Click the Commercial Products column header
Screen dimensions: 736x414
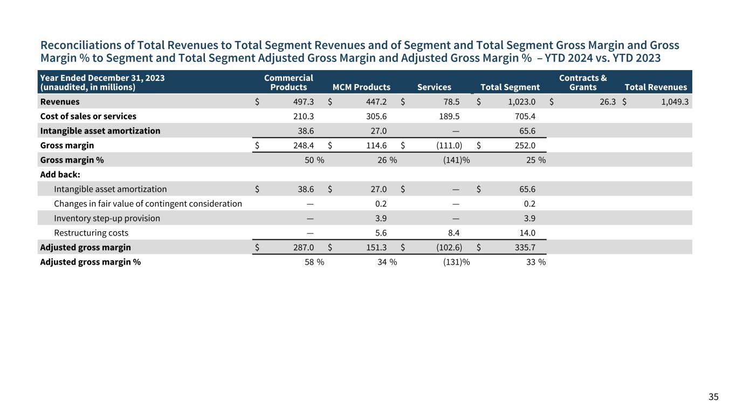(288, 82)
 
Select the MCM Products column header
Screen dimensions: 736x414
(361, 87)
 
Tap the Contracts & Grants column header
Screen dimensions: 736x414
(583, 82)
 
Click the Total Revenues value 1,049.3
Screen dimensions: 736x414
(675, 102)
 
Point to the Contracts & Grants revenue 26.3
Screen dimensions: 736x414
(608, 102)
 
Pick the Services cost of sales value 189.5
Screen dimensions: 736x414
(449, 116)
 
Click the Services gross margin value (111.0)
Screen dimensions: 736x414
(449, 146)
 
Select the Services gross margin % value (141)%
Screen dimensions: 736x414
(456, 160)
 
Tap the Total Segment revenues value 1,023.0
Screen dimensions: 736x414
(521, 102)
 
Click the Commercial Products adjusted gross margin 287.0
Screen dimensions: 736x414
(304, 247)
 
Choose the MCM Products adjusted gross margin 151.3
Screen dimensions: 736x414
(376, 247)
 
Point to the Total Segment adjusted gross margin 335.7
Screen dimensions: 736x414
(525, 247)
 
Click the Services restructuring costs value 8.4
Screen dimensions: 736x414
(454, 233)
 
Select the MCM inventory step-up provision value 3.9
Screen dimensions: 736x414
(381, 218)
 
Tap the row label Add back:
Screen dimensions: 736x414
(60, 175)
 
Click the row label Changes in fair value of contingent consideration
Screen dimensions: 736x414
(148, 204)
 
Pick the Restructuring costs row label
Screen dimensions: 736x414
(91, 233)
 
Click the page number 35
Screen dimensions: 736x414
(713, 397)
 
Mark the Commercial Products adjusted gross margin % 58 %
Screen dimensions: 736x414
(314, 262)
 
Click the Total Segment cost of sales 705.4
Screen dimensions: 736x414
(525, 116)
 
